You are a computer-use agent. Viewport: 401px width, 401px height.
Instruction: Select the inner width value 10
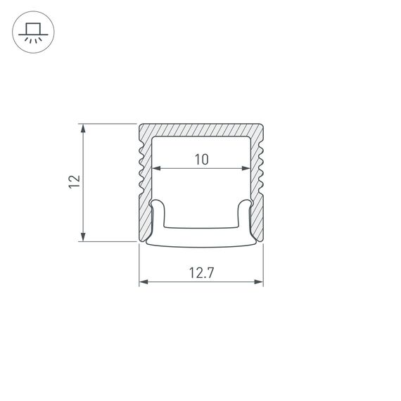click(201, 160)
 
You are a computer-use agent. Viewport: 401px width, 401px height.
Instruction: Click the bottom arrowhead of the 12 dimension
click(84, 237)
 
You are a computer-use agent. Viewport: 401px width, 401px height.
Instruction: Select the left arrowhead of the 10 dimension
click(157, 169)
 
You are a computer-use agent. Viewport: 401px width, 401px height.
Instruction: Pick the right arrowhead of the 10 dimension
click(246, 169)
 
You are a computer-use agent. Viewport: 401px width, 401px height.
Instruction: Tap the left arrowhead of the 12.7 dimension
click(143, 282)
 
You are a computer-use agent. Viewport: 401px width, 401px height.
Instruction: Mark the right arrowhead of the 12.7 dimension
click(259, 282)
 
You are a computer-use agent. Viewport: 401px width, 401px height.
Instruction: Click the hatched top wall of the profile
click(201, 131)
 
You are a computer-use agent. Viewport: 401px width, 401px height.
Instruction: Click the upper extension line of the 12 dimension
click(106, 125)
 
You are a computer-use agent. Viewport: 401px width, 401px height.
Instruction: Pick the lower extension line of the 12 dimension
click(106, 241)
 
